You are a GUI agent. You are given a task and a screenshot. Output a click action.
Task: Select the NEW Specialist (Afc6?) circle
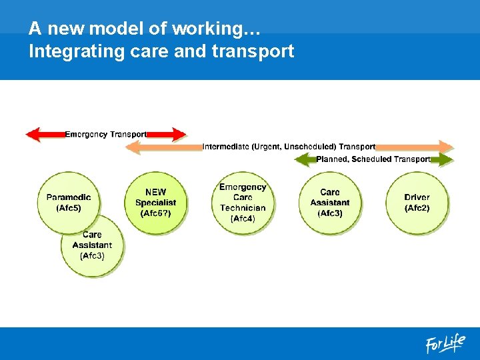[155, 202]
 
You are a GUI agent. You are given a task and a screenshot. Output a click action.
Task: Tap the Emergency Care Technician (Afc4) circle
[243, 202]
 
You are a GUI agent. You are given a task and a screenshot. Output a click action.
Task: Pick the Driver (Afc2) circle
[417, 202]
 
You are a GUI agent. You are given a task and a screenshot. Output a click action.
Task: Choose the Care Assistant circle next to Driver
[329, 202]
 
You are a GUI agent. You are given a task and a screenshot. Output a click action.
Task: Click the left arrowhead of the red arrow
[32, 135]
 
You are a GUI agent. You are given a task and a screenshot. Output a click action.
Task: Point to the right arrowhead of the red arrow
[179, 135]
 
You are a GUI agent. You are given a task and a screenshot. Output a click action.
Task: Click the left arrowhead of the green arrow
[302, 159]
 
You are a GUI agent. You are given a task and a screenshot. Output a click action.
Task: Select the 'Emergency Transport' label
[106, 135]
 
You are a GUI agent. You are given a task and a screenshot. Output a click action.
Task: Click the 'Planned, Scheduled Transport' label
[373, 159]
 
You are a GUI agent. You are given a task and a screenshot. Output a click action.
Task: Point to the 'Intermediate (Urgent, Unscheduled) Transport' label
[289, 147]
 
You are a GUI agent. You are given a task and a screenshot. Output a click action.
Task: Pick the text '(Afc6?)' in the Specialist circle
[155, 213]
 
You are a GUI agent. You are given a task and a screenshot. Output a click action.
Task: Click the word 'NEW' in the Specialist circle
[156, 193]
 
